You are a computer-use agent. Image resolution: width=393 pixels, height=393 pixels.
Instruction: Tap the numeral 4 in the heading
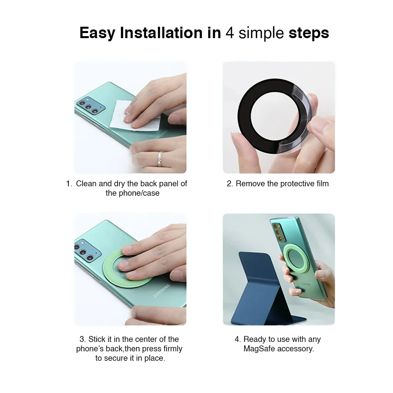[230, 33]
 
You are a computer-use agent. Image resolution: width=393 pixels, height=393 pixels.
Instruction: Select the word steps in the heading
[309, 33]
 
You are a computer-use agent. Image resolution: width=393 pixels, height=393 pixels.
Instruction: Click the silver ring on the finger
[160, 159]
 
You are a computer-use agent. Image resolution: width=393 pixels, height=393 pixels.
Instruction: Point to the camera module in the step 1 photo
[90, 105]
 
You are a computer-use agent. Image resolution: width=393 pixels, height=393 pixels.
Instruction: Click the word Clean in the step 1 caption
[86, 184]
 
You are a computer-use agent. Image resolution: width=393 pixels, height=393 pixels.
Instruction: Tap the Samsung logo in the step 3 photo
[162, 291]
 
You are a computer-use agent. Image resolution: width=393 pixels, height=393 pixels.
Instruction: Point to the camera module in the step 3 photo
[88, 251]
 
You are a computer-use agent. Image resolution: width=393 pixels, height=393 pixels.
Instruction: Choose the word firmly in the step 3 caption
[173, 349]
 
